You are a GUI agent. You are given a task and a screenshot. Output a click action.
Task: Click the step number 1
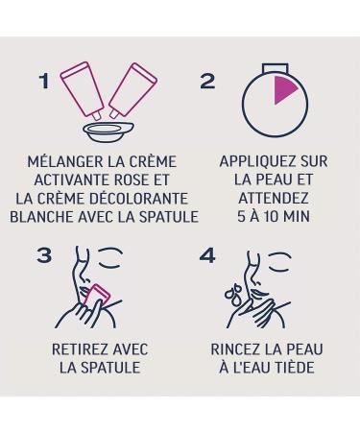(44, 82)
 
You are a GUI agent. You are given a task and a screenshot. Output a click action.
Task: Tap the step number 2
(207, 81)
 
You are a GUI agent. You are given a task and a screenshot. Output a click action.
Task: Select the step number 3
(44, 255)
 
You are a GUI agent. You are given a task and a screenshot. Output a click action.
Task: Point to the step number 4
(207, 255)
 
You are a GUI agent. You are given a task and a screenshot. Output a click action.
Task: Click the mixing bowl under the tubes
(108, 131)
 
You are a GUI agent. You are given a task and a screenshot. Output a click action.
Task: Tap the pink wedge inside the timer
(285, 90)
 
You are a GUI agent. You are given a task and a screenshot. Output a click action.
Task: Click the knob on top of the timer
(276, 68)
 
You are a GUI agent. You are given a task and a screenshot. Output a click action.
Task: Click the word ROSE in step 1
(132, 180)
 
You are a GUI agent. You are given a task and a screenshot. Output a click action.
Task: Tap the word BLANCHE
(42, 217)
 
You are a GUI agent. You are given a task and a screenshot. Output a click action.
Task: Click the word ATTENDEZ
(274, 198)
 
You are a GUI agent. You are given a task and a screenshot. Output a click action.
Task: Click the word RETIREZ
(78, 349)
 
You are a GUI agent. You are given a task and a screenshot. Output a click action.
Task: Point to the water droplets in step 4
(232, 295)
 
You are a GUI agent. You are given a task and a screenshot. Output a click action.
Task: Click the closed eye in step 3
(110, 258)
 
